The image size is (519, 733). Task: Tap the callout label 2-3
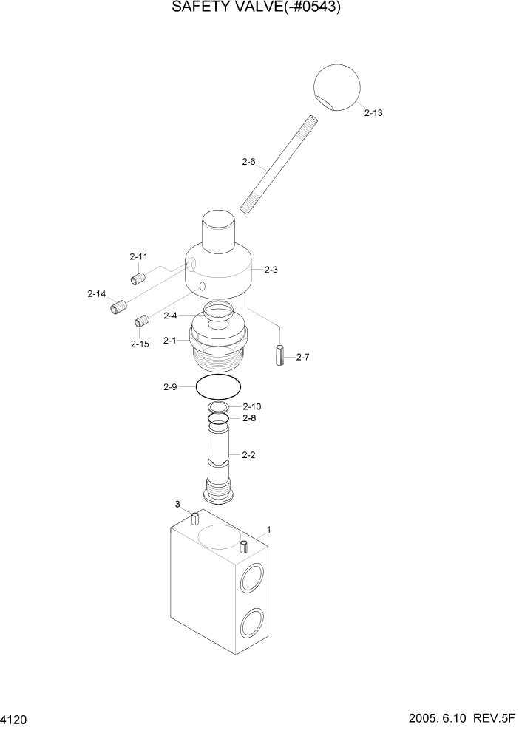click(271, 270)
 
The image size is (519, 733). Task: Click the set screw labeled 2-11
click(137, 279)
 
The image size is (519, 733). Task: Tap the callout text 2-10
click(252, 406)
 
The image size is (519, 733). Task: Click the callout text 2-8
click(249, 418)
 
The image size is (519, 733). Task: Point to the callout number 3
click(177, 504)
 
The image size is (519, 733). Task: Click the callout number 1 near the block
click(268, 529)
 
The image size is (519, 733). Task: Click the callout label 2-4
click(170, 316)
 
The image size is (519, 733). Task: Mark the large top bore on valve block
click(220, 536)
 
